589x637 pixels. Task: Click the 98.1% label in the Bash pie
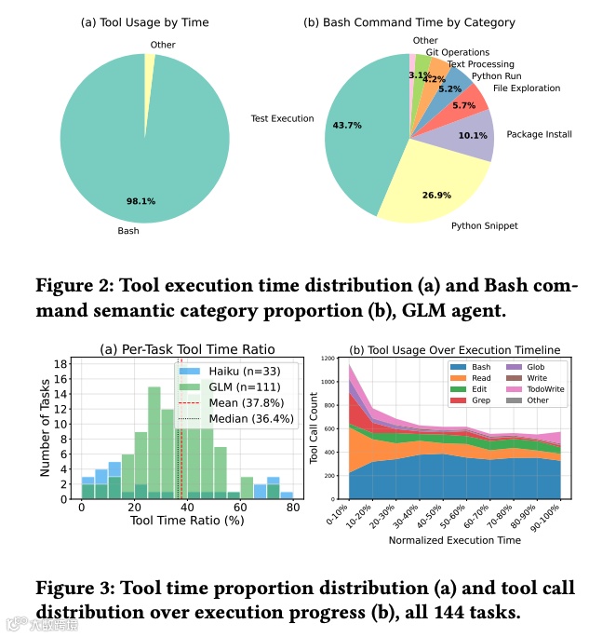pos(142,200)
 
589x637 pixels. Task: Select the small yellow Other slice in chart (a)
pos(150,62)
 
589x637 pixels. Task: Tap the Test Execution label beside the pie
pos(283,119)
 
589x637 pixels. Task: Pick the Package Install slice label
pos(539,134)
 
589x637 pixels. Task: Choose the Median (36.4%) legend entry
pos(246,419)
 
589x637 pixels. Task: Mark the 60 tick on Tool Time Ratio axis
pos(240,508)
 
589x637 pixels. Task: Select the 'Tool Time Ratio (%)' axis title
pos(187,524)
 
